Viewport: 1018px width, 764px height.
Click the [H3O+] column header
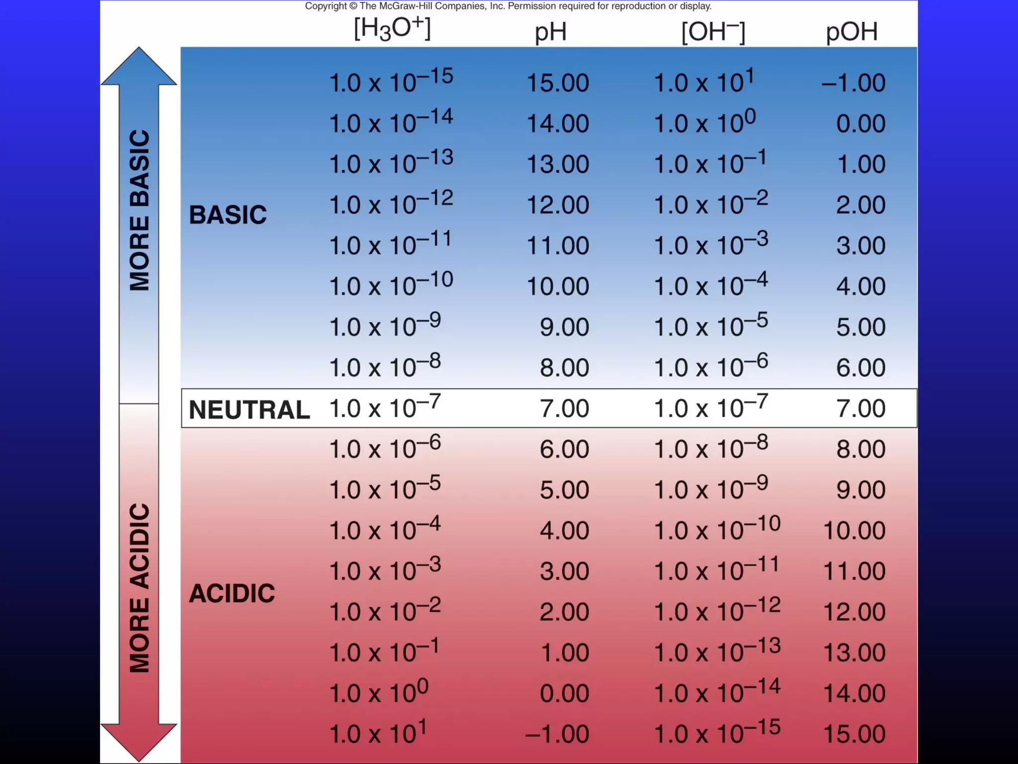point(392,29)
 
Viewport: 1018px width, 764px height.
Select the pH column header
point(550,32)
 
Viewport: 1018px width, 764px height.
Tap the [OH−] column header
point(713,32)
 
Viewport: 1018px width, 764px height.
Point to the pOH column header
point(851,32)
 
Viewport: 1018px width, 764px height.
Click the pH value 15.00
point(558,83)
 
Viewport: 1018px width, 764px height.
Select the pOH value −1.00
point(853,83)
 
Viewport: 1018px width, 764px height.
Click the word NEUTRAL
point(249,410)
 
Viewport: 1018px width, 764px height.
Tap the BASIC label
point(228,215)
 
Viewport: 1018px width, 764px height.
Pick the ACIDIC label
point(232,593)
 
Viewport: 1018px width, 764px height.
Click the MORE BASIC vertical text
point(139,210)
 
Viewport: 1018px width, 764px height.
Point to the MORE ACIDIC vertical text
point(139,588)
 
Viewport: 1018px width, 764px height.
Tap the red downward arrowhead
point(139,741)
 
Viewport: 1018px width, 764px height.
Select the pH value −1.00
point(557,734)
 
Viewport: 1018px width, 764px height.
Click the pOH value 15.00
point(854,734)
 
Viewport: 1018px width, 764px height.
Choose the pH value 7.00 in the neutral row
point(564,408)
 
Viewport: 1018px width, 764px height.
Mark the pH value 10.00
point(558,286)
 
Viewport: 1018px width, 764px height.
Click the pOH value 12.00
point(854,611)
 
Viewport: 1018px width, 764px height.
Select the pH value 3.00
point(564,571)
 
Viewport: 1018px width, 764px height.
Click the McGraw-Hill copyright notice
point(508,6)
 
